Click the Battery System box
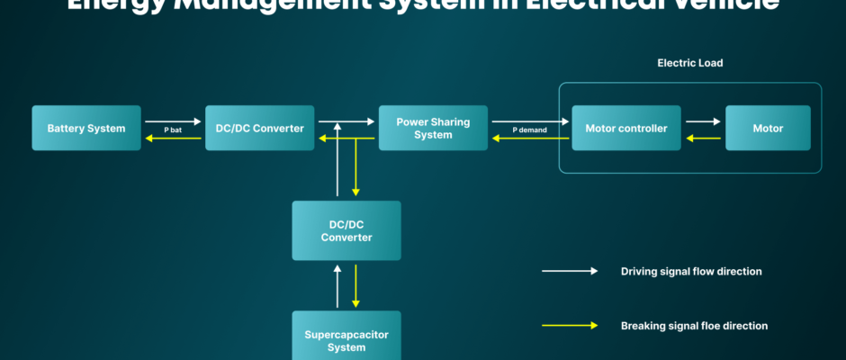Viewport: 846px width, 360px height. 86,128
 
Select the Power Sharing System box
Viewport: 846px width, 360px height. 433,128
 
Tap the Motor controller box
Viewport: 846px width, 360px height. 626,128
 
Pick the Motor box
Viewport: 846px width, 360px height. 768,128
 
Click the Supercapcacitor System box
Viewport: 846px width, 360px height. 346,340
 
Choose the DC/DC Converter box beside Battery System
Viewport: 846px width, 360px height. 259,128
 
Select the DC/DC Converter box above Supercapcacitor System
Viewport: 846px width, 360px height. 346,231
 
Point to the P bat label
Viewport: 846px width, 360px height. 173,130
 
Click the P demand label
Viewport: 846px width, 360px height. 529,130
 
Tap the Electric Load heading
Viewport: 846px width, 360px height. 690,63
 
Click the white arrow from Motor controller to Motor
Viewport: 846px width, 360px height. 703,121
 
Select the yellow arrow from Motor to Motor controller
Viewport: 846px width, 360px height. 703,138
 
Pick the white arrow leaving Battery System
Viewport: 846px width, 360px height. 173,121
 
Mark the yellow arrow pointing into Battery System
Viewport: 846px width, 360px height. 173,139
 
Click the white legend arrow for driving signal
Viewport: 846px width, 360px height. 570,271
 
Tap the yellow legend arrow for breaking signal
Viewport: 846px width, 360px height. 570,326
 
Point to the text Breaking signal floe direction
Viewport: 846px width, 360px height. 694,326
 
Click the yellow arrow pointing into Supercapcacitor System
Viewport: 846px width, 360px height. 356,285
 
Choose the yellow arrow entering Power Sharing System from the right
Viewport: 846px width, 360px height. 529,139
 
